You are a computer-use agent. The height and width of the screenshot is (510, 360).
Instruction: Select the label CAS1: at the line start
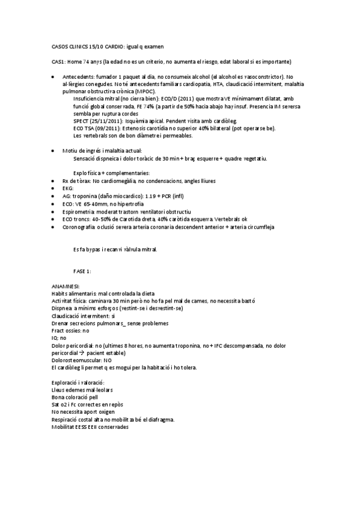59,61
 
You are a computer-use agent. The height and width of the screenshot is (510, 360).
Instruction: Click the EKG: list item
68,188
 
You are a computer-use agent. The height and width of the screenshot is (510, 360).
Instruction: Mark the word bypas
97,249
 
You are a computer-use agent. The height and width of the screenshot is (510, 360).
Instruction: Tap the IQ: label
55,338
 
